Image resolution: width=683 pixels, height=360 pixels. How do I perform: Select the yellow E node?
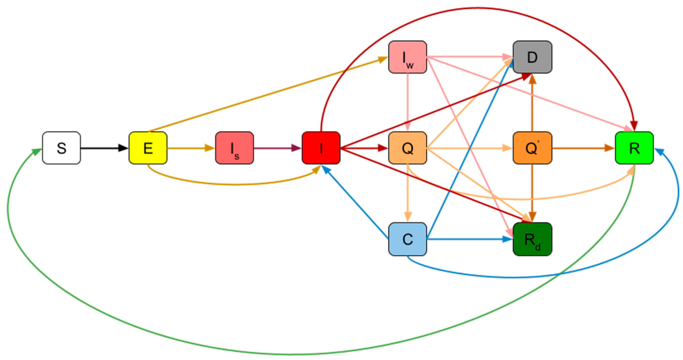148,148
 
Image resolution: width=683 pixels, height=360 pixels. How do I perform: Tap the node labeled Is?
234,148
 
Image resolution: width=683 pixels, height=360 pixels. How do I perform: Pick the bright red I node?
321,148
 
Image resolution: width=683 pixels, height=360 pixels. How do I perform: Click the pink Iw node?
408,57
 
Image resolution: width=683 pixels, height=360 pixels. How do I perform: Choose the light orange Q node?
408,148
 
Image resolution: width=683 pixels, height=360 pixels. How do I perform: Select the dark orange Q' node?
532,148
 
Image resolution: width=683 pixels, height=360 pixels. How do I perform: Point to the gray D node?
532,57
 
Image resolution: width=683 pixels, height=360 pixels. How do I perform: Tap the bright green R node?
634,148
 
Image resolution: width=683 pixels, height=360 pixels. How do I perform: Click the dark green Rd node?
532,239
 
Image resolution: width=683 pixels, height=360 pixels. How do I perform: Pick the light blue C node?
408,239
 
